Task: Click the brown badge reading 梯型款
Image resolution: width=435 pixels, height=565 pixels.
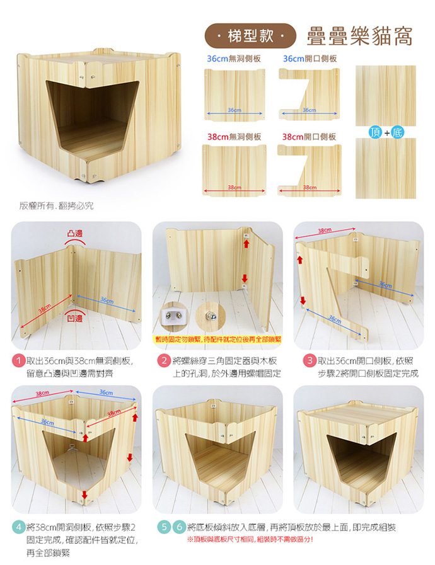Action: click(x=250, y=36)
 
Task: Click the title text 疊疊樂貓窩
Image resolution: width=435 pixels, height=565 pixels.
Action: click(x=359, y=36)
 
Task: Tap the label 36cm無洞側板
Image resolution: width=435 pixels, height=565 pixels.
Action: click(x=234, y=59)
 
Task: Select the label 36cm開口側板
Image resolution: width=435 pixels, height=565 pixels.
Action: click(x=310, y=59)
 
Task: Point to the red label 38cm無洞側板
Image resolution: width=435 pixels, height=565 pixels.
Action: click(x=234, y=137)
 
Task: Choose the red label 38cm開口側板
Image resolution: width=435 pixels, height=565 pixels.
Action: click(x=309, y=137)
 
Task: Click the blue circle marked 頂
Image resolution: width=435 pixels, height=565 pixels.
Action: click(x=375, y=132)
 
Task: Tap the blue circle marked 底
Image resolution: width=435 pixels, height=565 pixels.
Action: click(x=397, y=132)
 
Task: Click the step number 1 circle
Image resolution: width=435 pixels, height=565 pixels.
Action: click(x=18, y=361)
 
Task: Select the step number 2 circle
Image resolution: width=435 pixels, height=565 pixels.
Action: click(x=164, y=361)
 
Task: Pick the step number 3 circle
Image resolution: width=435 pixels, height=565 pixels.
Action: click(x=310, y=361)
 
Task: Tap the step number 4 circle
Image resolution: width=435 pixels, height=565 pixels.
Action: click(x=18, y=528)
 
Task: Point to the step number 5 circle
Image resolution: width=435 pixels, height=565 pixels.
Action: click(x=164, y=528)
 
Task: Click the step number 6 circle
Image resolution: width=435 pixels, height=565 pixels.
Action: click(x=179, y=528)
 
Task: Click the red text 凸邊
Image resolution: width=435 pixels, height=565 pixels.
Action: click(x=75, y=233)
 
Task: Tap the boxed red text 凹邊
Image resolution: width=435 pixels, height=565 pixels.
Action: click(x=75, y=318)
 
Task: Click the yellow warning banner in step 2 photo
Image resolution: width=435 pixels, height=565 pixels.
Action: click(x=217, y=340)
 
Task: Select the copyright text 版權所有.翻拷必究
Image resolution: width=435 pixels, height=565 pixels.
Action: click(x=56, y=206)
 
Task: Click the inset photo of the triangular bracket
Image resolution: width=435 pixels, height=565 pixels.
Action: click(x=173, y=316)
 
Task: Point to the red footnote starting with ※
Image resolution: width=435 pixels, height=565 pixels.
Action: click(x=250, y=539)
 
